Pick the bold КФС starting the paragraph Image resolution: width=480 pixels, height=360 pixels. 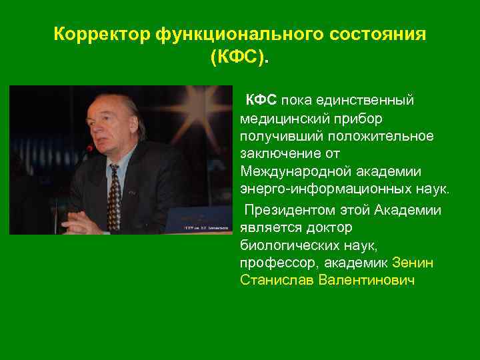pyautogui.click(x=261, y=100)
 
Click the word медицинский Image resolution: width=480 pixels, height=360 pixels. pyautogui.click(x=281, y=118)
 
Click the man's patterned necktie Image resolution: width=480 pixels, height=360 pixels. pyautogui.click(x=113, y=197)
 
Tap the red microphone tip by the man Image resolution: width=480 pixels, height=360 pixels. pyautogui.click(x=89, y=148)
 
